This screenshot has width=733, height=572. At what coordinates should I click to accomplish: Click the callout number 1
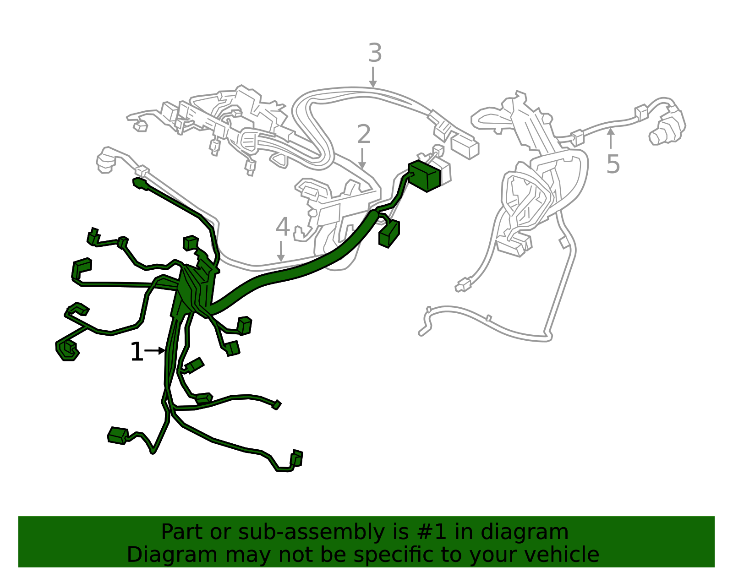tap(137, 352)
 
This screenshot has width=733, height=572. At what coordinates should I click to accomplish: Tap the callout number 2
tap(363, 135)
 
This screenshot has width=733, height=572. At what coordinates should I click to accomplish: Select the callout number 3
tap(375, 54)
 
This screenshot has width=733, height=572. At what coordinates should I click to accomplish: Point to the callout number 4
tap(283, 227)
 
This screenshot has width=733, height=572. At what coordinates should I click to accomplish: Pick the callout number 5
tap(613, 164)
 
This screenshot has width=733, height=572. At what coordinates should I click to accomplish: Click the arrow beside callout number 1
tap(155, 351)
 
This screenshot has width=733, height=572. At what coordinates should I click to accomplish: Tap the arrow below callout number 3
tap(373, 77)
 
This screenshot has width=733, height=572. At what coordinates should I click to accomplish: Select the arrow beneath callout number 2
tap(362, 158)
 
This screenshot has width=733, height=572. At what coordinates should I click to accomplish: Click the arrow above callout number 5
tap(610, 138)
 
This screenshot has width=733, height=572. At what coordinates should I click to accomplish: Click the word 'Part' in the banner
tap(180, 532)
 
